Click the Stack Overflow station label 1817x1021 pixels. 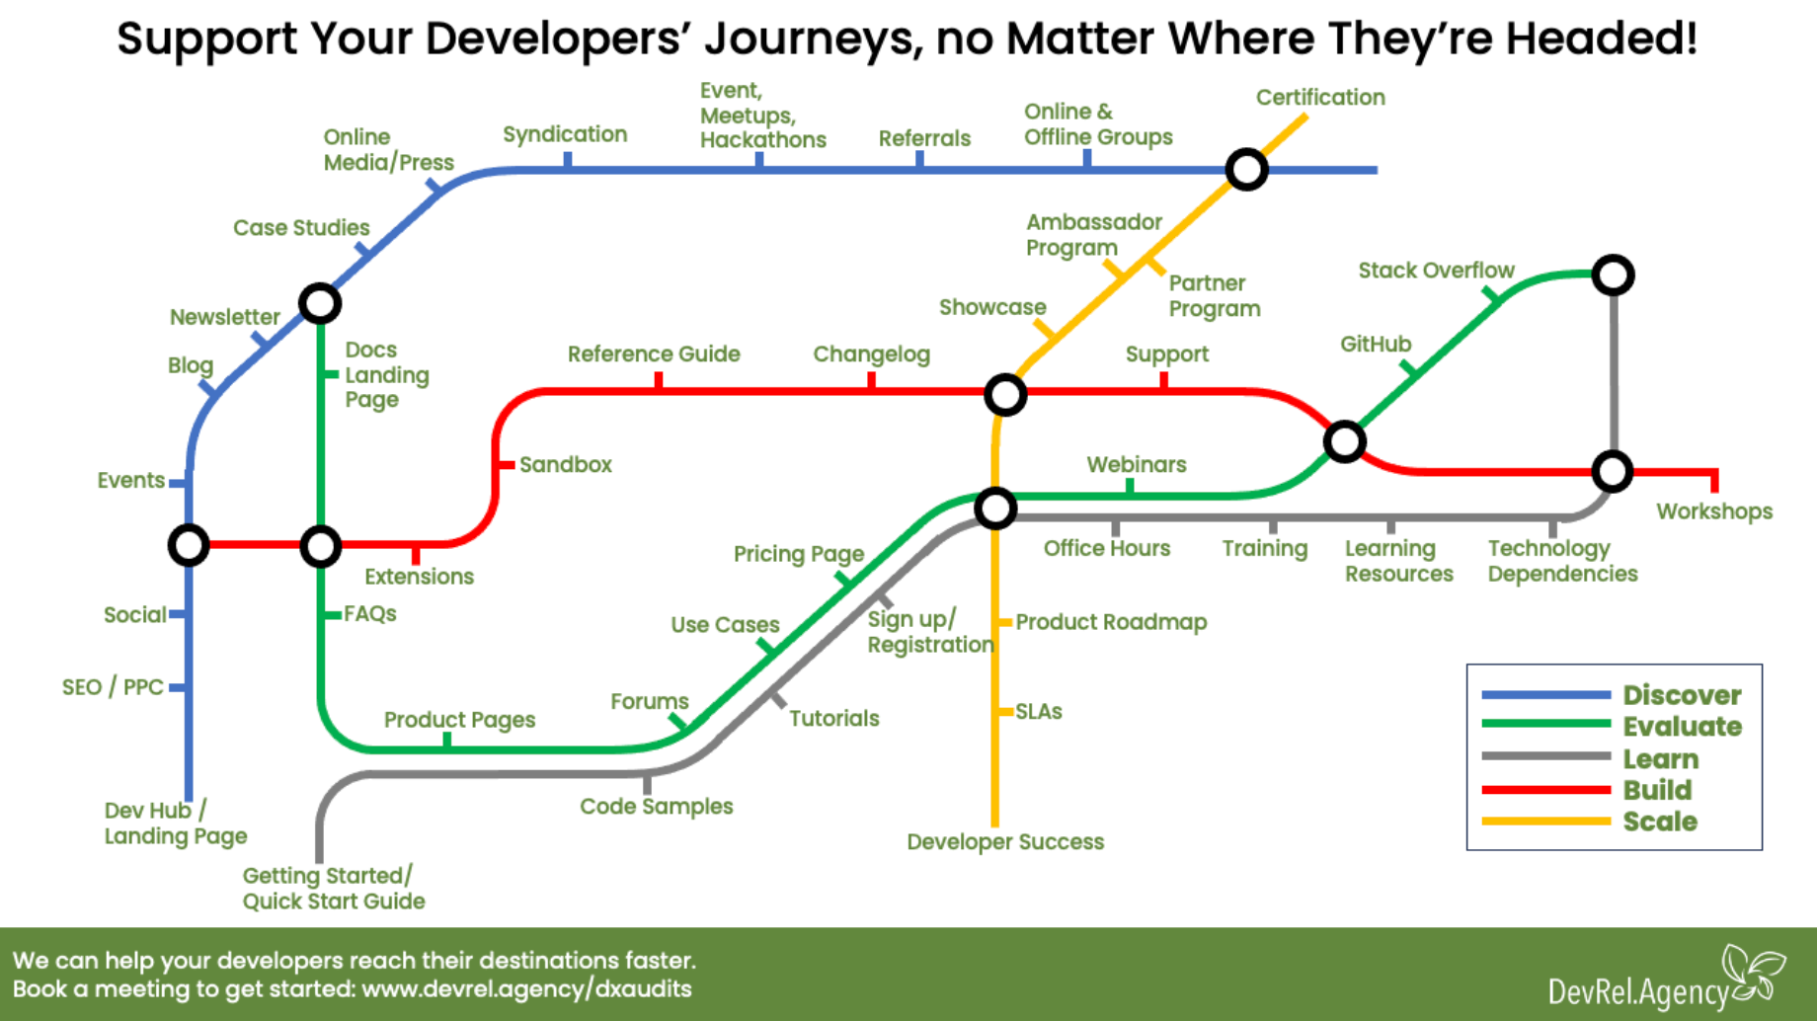pos(1435,271)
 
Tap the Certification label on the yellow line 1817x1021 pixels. pos(1319,98)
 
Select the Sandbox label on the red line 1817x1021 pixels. pos(565,465)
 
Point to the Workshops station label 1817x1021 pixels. pos(1713,511)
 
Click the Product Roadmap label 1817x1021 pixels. pos(1110,622)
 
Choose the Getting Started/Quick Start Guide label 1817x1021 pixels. pos(333,888)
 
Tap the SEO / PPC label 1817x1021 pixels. pos(113,687)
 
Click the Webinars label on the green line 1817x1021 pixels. pos(1136,465)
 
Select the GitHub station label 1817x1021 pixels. pos(1375,345)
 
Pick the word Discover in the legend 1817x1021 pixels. pos(1682,695)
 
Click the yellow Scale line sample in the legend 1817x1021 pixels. pos(1545,822)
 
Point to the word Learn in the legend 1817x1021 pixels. pos(1660,759)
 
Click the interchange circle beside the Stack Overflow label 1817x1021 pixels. pos(1613,275)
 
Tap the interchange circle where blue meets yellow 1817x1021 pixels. pos(1246,170)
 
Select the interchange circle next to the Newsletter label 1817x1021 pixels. pos(320,303)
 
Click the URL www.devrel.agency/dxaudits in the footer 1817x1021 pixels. pos(526,989)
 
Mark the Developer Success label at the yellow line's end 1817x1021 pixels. pos(1004,842)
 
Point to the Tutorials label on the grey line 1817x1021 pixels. pos(833,719)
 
